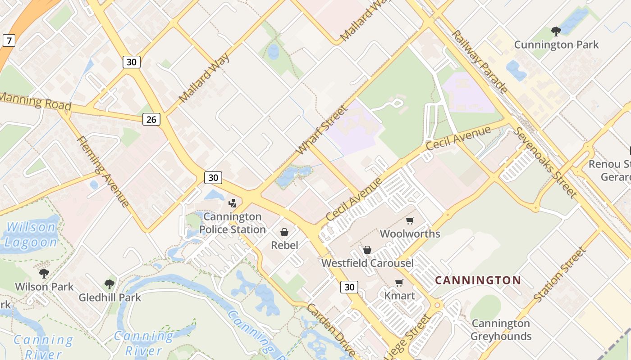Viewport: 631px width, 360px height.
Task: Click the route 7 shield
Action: pos(9,41)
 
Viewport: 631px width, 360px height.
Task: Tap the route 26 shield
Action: pos(152,119)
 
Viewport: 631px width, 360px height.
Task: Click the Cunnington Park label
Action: pos(556,45)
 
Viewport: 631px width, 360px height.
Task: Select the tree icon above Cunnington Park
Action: pos(556,31)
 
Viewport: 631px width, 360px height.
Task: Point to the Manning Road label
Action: pos(36,101)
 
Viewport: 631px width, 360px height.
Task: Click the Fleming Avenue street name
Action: pos(103,171)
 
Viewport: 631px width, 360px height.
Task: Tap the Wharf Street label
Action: pos(323,129)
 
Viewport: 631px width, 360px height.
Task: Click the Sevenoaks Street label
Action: pos(546,162)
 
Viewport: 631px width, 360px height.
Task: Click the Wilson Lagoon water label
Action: pos(31,234)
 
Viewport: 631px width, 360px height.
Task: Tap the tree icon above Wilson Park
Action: pos(44,273)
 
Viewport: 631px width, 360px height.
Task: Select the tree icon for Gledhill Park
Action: pos(109,284)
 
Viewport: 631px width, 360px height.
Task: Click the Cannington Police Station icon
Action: pos(233,203)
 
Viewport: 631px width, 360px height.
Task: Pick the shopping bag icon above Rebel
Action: pos(284,232)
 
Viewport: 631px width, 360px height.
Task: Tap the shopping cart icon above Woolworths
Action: pos(410,220)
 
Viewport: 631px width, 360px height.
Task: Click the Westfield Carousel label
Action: pos(367,263)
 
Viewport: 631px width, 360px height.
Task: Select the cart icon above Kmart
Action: pos(399,283)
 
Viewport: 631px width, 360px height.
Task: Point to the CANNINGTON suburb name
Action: pos(478,280)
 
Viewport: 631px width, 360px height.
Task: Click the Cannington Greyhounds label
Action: pos(501,330)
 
